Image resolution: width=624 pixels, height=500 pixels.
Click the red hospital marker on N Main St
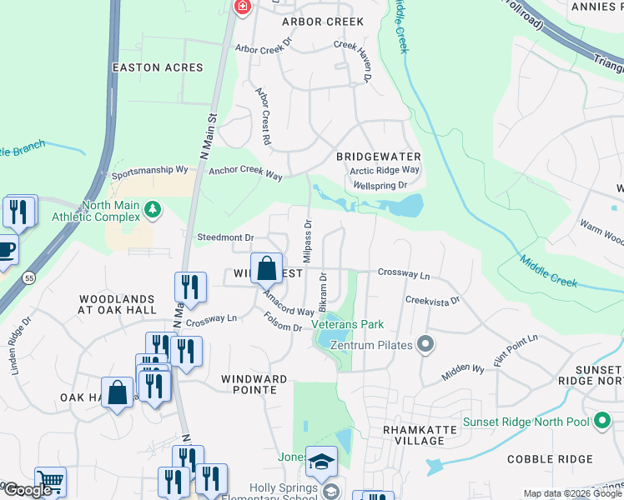pyautogui.click(x=242, y=7)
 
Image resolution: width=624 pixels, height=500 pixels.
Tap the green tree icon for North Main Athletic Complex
pyautogui.click(x=152, y=208)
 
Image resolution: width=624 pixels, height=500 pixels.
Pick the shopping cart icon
pyautogui.click(x=50, y=481)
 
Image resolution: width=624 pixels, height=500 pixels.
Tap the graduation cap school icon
pyautogui.click(x=321, y=461)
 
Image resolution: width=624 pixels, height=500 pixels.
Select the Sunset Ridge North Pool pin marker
pyautogui.click(x=601, y=422)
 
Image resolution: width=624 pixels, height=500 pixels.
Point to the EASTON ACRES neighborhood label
pyautogui.click(x=159, y=67)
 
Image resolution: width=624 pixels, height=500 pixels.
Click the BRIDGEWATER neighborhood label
pyautogui.click(x=378, y=157)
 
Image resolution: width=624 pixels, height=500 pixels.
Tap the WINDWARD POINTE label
pyautogui.click(x=254, y=384)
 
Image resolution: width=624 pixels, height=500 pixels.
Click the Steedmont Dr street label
pyautogui.click(x=224, y=237)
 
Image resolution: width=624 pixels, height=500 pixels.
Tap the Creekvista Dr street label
pyautogui.click(x=432, y=300)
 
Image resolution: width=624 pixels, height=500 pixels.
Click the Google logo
pyautogui.click(x=28, y=490)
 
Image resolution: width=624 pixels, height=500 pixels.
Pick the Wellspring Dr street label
pyautogui.click(x=380, y=185)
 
